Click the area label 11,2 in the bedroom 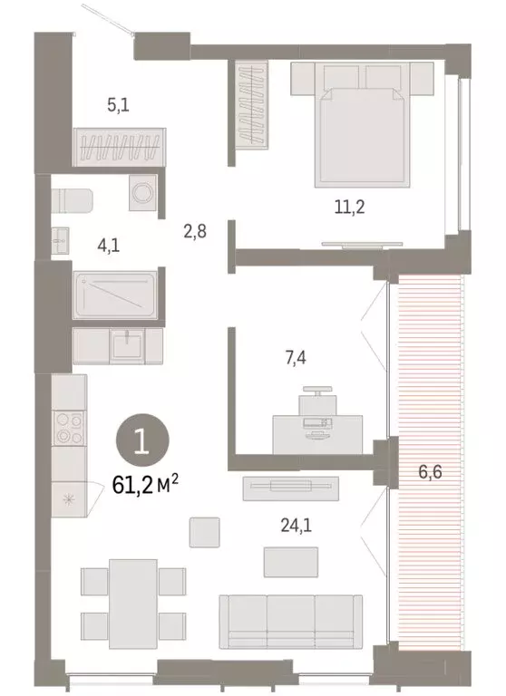click(348, 207)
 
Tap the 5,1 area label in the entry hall click(118, 104)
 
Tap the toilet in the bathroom click(71, 198)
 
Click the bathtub click(116, 295)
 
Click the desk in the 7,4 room click(317, 433)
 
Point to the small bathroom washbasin click(61, 239)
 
